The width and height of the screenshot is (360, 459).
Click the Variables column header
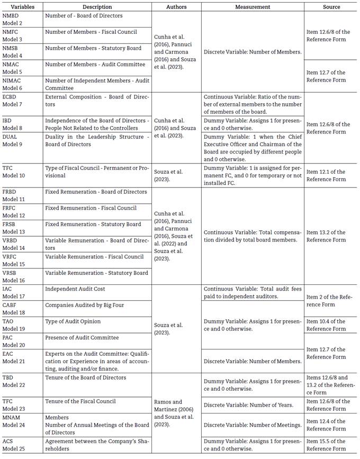(22, 7)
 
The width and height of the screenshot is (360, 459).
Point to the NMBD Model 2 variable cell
(13, 20)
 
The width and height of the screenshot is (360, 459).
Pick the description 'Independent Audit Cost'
(75, 289)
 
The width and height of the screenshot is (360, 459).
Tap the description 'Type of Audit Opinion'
(73, 321)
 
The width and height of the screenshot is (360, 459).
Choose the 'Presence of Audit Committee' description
(82, 337)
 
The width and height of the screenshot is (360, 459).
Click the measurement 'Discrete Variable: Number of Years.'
(248, 405)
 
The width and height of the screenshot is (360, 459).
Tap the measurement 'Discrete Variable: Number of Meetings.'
(253, 425)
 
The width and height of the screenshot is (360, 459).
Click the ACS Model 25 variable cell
(13, 445)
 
